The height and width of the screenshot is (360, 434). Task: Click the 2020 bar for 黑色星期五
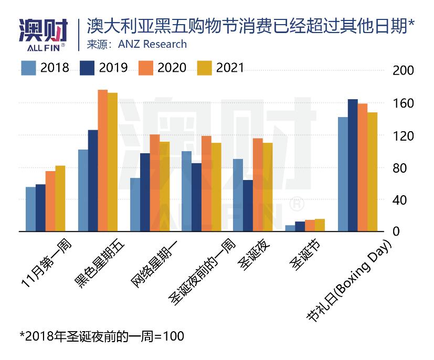click(103, 161)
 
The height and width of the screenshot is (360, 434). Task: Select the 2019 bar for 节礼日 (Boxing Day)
click(353, 165)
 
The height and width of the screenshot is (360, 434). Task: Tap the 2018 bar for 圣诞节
click(290, 228)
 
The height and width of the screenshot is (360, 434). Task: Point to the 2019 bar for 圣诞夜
click(248, 206)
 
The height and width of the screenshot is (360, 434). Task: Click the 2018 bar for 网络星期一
click(135, 205)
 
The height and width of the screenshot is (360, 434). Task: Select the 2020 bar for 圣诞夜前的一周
click(206, 184)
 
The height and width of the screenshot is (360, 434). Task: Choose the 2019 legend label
click(112, 68)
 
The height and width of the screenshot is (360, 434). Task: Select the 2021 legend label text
click(230, 68)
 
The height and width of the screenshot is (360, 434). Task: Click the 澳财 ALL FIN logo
click(43, 34)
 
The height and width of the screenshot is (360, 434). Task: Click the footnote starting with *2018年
click(102, 336)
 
